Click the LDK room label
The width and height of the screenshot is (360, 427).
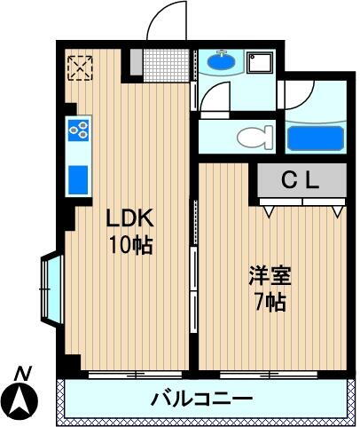click(131, 217)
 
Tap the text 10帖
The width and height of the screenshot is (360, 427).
click(131, 244)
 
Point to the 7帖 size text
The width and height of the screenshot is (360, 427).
click(269, 303)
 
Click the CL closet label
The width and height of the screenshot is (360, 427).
click(301, 179)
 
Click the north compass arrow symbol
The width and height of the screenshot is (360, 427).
click(22, 401)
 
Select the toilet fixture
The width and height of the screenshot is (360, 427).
click(254, 138)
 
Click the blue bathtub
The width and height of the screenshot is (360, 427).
click(315, 138)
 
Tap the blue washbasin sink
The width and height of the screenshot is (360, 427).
click(218, 63)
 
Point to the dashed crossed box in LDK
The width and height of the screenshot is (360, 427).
click(80, 66)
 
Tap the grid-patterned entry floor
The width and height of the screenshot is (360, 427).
click(167, 64)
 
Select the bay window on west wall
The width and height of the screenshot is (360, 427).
click(50, 288)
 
